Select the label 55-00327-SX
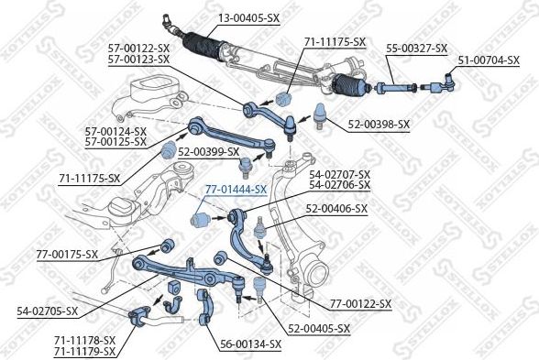point(416,48)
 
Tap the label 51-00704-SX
point(489,60)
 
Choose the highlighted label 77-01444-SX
point(235,190)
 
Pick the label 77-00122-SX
point(360,303)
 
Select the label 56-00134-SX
point(250,344)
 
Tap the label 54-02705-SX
point(48,311)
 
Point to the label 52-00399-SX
point(209,152)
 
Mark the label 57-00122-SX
point(138,48)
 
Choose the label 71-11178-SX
point(84,340)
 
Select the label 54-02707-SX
point(340,174)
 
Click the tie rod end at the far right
point(439,89)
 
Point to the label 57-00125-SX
point(115,142)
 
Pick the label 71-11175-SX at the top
point(335,42)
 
